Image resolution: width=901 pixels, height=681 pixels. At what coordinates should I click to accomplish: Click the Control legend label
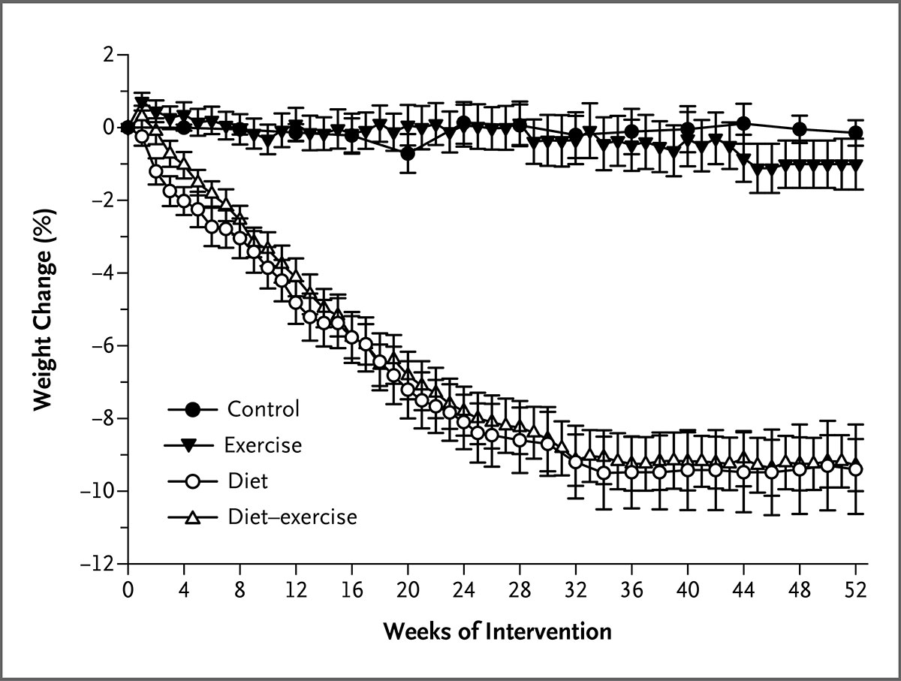pyautogui.click(x=264, y=409)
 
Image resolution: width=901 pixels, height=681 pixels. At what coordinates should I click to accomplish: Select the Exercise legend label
pyautogui.click(x=263, y=444)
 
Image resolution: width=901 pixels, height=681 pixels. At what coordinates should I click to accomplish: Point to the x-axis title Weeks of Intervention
pyautogui.click(x=497, y=631)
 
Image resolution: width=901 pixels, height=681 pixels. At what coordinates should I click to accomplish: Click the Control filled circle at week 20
pyautogui.click(x=408, y=153)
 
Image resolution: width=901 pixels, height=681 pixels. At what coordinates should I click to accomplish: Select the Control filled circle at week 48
pyautogui.click(x=800, y=129)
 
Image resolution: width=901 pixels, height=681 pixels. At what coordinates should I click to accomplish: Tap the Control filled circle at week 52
pyautogui.click(x=855, y=133)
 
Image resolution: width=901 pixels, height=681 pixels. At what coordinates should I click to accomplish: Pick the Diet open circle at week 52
pyautogui.click(x=855, y=469)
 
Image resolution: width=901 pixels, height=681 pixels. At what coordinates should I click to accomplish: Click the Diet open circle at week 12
pyautogui.click(x=296, y=303)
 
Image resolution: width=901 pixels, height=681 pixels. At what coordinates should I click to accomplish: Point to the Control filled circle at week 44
pyautogui.click(x=744, y=123)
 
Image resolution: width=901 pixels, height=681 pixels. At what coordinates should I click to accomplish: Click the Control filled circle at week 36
pyautogui.click(x=631, y=131)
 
